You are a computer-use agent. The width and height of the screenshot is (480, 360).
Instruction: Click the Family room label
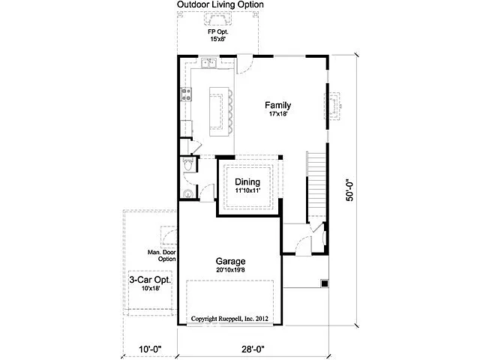pos(278,105)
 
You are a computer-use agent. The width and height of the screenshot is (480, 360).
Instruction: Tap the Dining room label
pos(247,182)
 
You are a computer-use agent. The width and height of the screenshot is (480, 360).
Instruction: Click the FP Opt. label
pos(217,32)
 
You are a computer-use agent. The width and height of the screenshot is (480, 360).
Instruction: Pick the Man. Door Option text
pos(160,255)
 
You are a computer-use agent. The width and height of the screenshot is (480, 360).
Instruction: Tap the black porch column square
pos(324,283)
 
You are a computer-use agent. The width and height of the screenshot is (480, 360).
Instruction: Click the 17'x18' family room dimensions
pos(278,115)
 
